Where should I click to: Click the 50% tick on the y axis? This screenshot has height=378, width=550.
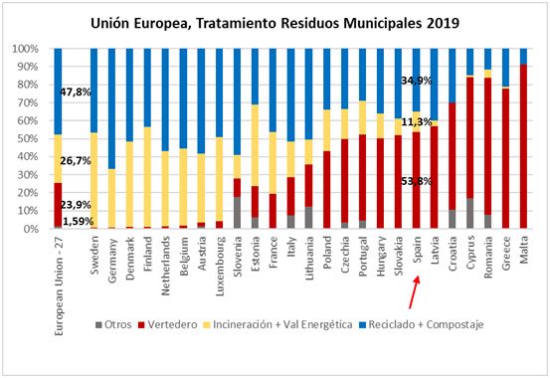[x=25, y=138]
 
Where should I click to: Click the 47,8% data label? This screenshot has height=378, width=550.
[x=76, y=93]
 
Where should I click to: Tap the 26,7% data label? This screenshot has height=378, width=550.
[x=76, y=159]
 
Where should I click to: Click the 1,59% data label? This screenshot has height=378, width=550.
[x=76, y=221]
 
